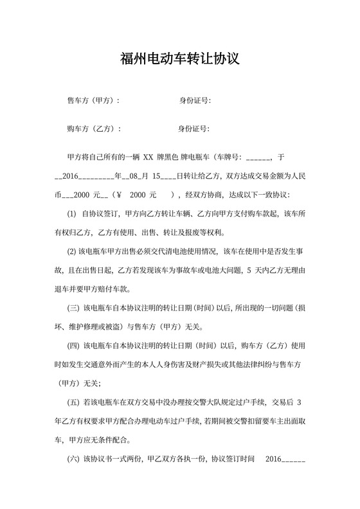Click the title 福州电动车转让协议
(x=180, y=60)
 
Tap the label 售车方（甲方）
(x=93, y=101)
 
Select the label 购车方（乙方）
(x=93, y=129)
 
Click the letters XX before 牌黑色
(x=148, y=157)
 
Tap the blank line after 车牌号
(x=258, y=157)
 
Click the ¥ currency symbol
(x=120, y=194)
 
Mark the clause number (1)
(x=72, y=213)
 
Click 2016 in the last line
(x=273, y=460)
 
